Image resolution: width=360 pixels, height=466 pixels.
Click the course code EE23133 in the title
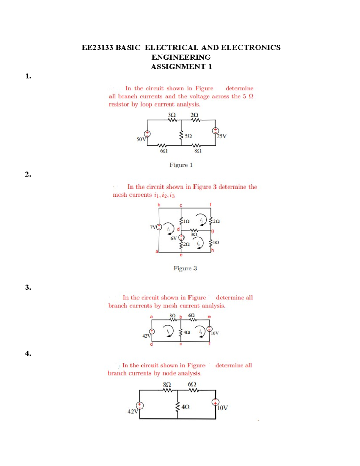[x=97, y=48]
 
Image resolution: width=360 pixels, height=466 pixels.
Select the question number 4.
[x=28, y=353]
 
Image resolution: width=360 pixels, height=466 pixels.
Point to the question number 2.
[x=28, y=174]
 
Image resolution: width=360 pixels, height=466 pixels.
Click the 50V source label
[x=141, y=139]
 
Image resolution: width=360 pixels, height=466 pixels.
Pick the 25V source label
[x=222, y=136]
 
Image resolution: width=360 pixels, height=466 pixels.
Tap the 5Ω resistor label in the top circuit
[x=188, y=136]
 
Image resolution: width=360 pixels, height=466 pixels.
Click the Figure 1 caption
[x=181, y=165]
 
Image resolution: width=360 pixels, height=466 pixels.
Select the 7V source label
[x=153, y=227]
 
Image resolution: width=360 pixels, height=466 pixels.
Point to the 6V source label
[x=173, y=239]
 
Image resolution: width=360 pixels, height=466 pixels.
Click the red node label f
[x=210, y=205]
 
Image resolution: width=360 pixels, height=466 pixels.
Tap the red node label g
[x=212, y=231]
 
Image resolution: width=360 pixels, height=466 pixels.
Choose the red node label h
[x=212, y=251]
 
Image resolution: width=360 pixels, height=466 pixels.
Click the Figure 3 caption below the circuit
[x=185, y=269]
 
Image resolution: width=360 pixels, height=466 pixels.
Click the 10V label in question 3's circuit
[x=215, y=333]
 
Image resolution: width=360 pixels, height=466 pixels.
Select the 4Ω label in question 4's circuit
[x=185, y=407]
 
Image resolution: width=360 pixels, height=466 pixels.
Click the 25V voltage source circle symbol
[x=215, y=131]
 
